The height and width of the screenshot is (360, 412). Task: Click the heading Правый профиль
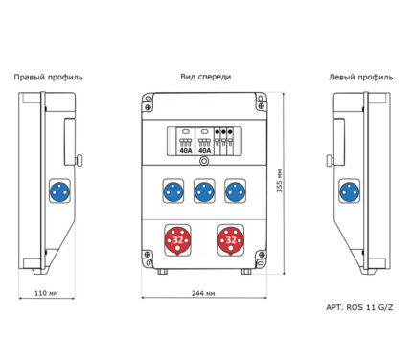pos(48,78)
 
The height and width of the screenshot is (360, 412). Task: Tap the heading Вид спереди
pos(205,77)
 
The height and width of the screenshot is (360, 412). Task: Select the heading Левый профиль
pos(361,78)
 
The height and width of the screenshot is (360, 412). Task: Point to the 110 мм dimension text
pos(46,293)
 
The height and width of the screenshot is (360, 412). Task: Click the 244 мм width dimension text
pos(203,293)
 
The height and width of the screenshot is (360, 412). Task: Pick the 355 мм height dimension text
pos(280,180)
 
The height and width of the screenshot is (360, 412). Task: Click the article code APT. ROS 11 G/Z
pos(359,307)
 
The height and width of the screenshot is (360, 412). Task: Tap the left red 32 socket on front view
pos(177,240)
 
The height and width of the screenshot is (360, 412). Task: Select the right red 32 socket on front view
pos(231,240)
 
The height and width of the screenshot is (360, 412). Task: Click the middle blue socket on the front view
pos(204,191)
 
